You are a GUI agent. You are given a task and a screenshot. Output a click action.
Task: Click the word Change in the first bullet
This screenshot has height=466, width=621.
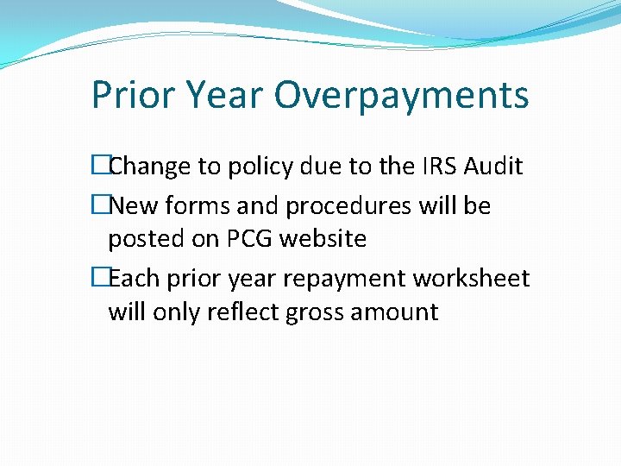tap(151, 166)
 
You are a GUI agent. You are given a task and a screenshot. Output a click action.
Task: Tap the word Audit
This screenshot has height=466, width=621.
tap(493, 166)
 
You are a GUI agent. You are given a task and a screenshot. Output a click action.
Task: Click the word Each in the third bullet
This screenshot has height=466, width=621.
tap(134, 279)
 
